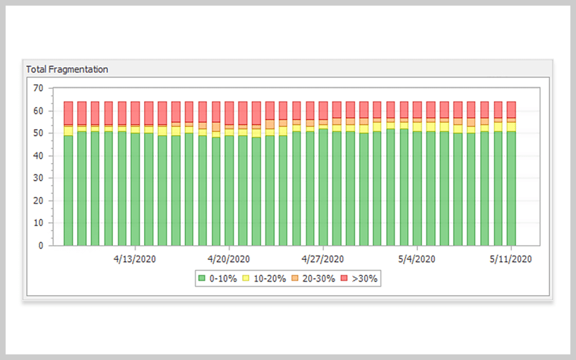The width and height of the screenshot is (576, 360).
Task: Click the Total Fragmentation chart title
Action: [x=67, y=69]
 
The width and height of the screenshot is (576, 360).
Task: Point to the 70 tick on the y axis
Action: [x=38, y=88]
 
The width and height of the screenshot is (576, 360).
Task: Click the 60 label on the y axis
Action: [x=38, y=111]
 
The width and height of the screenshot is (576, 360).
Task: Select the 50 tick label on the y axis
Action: [x=38, y=133]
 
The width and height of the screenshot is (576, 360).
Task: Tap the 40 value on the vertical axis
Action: [x=38, y=156]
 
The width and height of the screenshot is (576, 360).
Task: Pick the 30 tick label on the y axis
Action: [x=38, y=179]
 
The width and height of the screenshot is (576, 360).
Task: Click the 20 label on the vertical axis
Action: [x=38, y=201]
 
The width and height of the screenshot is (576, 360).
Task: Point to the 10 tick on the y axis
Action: [x=38, y=224]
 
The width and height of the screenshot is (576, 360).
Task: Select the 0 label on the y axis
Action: [x=41, y=246]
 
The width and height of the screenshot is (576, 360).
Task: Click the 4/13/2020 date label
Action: [x=134, y=259]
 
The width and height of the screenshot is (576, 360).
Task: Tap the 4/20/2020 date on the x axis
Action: [x=229, y=259]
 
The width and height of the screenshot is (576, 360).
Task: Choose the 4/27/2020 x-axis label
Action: [x=323, y=259]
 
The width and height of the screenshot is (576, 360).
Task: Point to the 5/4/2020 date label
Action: [x=417, y=259]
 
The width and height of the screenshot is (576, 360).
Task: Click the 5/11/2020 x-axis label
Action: [x=511, y=259]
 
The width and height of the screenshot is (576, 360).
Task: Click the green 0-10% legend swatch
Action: [x=203, y=279]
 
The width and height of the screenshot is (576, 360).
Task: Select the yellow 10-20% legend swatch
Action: [x=246, y=279]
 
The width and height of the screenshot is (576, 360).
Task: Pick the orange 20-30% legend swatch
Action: [x=297, y=279]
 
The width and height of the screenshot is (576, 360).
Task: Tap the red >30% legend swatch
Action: [x=345, y=279]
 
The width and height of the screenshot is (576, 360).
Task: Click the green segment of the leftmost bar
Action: [x=68, y=191]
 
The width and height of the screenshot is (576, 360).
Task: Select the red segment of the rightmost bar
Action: [x=511, y=109]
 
